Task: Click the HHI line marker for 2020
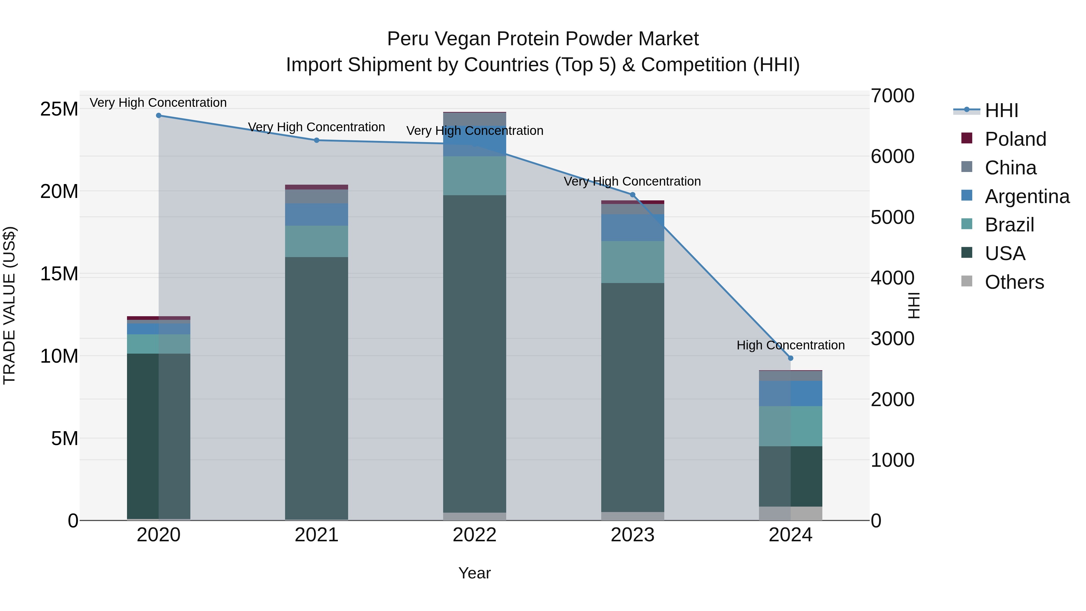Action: tap(158, 116)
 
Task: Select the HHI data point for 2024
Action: tap(790, 358)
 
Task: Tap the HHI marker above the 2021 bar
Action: tap(317, 140)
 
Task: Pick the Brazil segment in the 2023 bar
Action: tap(632, 262)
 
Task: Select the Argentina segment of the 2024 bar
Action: tap(790, 393)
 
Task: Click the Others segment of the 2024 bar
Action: tap(790, 513)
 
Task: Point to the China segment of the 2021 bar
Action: tap(317, 196)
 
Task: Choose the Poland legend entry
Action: tap(1015, 139)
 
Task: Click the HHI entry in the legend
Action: tap(1001, 110)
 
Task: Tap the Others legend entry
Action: tap(1014, 282)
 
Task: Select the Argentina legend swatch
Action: tap(967, 196)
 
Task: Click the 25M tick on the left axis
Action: tap(59, 109)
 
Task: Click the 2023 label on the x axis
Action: tap(632, 535)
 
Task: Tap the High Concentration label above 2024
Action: tap(790, 345)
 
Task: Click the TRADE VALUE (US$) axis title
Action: tap(9, 305)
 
